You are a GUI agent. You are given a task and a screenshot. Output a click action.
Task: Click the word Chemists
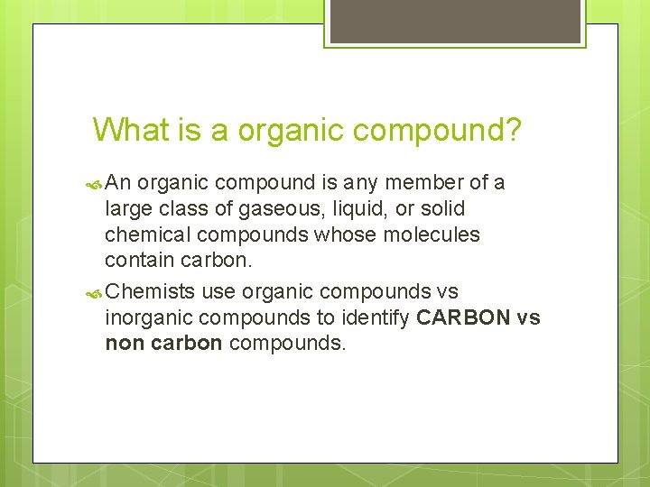coord(151,291)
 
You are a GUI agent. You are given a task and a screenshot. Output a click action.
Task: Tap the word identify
coord(376,317)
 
